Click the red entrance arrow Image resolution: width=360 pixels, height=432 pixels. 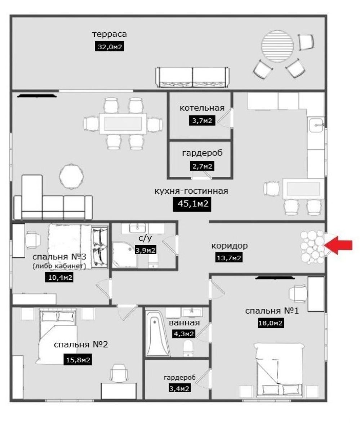(x=338, y=246)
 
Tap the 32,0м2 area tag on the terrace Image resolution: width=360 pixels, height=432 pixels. (x=109, y=46)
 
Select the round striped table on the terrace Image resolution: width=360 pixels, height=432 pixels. (x=277, y=46)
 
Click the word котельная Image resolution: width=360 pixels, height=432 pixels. (x=202, y=108)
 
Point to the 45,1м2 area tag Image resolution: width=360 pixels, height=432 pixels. (x=192, y=204)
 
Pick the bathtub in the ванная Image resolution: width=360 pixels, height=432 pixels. (x=157, y=334)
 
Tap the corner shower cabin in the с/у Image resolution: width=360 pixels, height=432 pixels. (x=124, y=255)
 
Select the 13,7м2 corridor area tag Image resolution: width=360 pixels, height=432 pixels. (x=229, y=258)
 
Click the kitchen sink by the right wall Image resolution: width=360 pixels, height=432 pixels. (x=316, y=125)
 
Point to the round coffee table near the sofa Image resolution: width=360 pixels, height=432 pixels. (x=71, y=176)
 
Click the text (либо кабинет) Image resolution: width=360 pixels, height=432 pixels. (x=59, y=266)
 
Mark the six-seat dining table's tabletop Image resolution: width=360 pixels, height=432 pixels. (x=123, y=123)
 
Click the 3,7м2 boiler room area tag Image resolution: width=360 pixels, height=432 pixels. (x=202, y=121)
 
